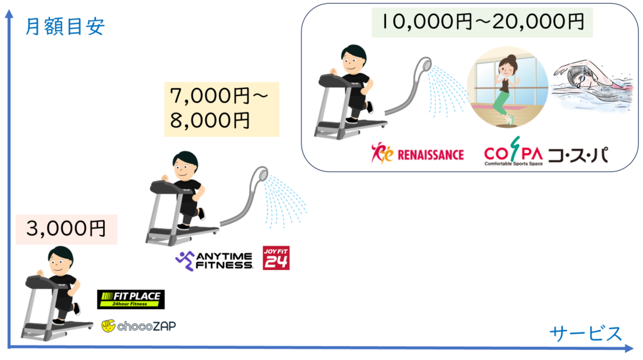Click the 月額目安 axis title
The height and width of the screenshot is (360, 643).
[x=64, y=28]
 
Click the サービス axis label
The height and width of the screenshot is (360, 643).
[x=585, y=332]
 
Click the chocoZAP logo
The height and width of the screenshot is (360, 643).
[x=136, y=325]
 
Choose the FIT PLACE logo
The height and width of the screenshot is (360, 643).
[x=131, y=298]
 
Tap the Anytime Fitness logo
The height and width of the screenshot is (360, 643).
[x=214, y=259]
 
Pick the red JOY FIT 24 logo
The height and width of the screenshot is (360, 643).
[x=276, y=257]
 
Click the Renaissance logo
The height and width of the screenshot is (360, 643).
[x=417, y=153]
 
